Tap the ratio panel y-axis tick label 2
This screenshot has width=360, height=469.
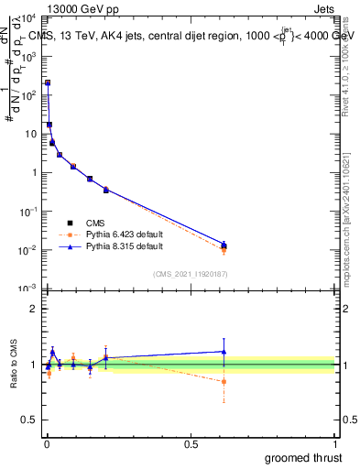(x=33, y=308)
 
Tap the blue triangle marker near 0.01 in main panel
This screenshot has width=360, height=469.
(x=224, y=244)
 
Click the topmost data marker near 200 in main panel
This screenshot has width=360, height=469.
(x=48, y=83)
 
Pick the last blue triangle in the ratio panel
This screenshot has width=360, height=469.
(x=224, y=351)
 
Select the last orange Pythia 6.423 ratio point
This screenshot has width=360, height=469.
(x=224, y=382)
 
